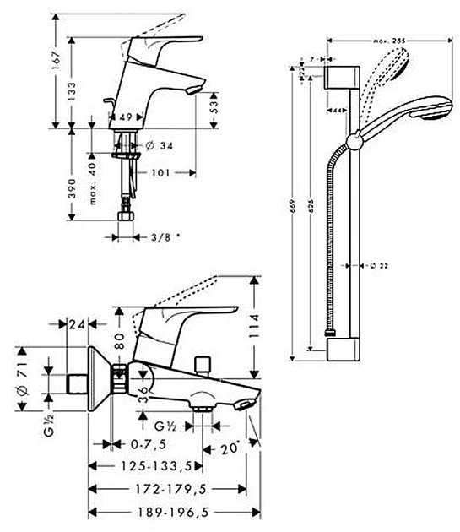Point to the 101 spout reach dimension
pos(160,173)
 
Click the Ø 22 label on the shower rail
pos(377,265)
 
